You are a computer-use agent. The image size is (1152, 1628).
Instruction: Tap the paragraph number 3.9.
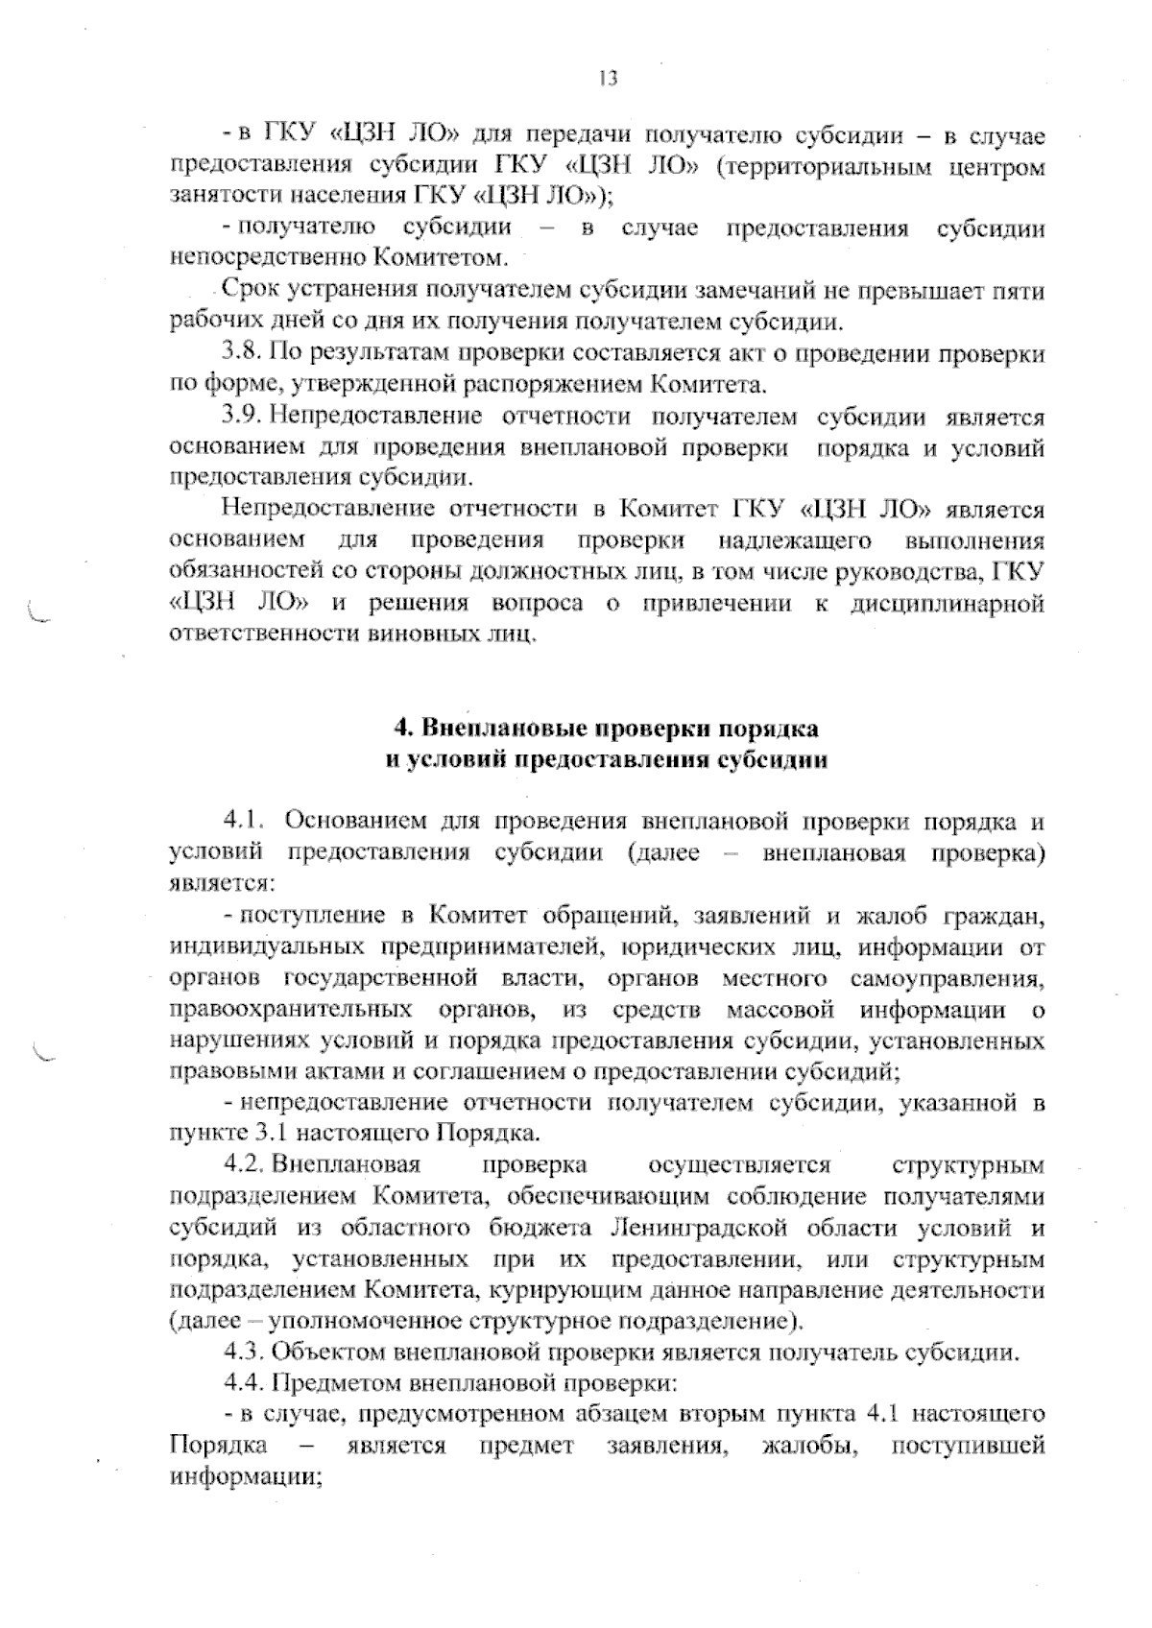click(x=242, y=417)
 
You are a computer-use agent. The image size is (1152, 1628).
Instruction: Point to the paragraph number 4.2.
click(x=244, y=1165)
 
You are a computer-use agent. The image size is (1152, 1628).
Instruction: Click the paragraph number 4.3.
click(x=244, y=1353)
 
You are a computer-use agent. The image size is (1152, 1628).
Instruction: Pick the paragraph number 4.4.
click(x=244, y=1384)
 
